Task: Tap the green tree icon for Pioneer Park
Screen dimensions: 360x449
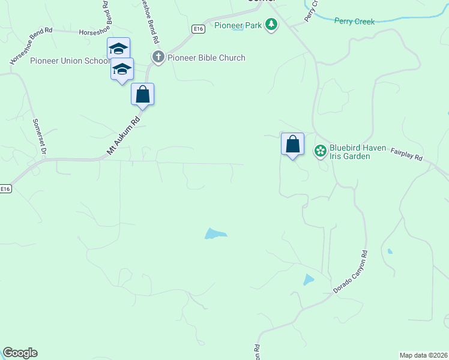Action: click(271, 25)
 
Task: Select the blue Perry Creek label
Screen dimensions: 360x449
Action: click(354, 22)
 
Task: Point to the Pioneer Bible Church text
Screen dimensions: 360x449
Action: click(206, 58)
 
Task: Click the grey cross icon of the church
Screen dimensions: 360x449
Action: click(158, 58)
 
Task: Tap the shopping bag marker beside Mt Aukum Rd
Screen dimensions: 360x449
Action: click(142, 95)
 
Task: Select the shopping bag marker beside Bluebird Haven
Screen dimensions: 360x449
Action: click(292, 145)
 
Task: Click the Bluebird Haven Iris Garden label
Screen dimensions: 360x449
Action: click(349, 152)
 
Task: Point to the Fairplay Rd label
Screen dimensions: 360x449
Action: click(407, 155)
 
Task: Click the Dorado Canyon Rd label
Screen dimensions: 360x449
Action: click(350, 272)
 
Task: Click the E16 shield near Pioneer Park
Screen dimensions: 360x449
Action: click(199, 28)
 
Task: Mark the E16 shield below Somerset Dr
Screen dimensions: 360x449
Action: click(5, 188)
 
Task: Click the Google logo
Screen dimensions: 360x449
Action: click(20, 353)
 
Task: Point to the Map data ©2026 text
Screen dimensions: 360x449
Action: click(423, 355)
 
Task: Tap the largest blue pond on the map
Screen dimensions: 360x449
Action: click(215, 233)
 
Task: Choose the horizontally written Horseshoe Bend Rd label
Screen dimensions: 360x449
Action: click(103, 31)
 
